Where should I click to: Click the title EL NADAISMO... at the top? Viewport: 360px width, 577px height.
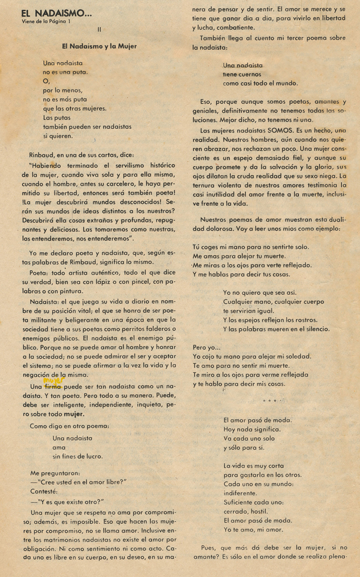[x=57, y=14]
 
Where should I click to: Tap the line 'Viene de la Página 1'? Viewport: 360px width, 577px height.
[x=49, y=22]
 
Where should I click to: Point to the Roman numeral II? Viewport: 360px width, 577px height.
[x=99, y=29]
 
